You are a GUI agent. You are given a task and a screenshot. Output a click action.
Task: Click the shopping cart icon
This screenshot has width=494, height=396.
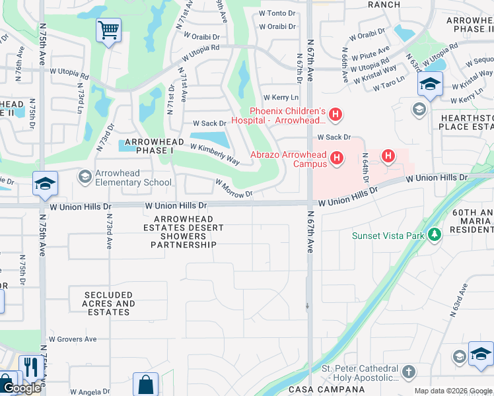108,30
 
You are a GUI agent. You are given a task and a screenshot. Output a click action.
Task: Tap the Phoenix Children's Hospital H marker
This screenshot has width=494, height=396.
335,115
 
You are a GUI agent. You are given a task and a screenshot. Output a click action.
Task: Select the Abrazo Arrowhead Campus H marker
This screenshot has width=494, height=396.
337,158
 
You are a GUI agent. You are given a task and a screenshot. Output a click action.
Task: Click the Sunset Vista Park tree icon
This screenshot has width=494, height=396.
434,234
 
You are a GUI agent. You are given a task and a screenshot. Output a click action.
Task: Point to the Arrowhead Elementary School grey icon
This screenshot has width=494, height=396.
84,176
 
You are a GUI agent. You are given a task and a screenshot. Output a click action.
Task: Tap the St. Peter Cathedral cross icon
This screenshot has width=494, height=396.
408,372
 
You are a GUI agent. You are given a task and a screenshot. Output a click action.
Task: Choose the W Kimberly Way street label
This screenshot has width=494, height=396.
215,153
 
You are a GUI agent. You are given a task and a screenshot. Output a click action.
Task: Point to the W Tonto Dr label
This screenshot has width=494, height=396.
277,13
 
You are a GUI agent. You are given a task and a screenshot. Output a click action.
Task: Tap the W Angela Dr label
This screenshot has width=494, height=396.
90,392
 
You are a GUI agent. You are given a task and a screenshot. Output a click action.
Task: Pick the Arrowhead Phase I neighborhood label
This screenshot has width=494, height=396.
145,146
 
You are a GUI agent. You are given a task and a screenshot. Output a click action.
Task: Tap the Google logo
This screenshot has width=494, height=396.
22,389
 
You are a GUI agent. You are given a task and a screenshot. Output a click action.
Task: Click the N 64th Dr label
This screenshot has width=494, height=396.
365,169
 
